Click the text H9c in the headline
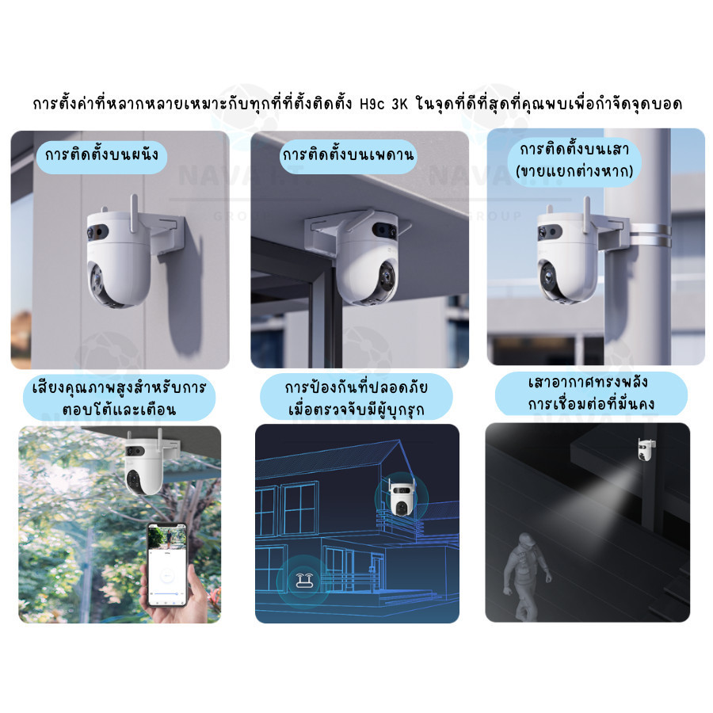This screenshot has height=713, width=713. pyautogui.click(x=372, y=104)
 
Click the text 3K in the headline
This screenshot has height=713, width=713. pyautogui.click(x=400, y=104)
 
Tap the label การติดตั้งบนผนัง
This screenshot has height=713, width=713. pyautogui.click(x=102, y=154)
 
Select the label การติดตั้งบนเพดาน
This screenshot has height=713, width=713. pyautogui.click(x=349, y=154)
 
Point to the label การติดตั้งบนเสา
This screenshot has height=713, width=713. pyautogui.click(x=574, y=149)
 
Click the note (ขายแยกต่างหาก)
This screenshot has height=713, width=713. pyautogui.click(x=574, y=171)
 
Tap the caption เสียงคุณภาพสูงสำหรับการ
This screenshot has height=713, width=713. pyautogui.click(x=119, y=387)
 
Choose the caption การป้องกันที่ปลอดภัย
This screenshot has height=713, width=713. pyautogui.click(x=356, y=387)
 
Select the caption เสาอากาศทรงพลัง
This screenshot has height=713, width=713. pyautogui.click(x=588, y=382)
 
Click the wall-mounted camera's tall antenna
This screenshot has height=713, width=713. pyautogui.click(x=134, y=214)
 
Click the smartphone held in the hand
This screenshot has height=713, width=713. pyautogui.click(x=167, y=564)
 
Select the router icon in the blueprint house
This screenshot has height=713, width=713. pyautogui.click(x=305, y=580)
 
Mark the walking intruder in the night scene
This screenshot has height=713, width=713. pyautogui.click(x=526, y=577)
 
